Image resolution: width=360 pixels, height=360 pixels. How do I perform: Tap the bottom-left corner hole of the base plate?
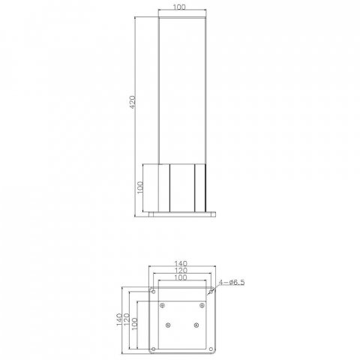pyautogui.click(x=153, y=349)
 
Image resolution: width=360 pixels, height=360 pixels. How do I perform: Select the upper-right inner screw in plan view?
pyautogui.click(x=202, y=304)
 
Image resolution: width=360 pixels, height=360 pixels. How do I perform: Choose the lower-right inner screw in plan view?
pyautogui.click(x=196, y=324)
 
